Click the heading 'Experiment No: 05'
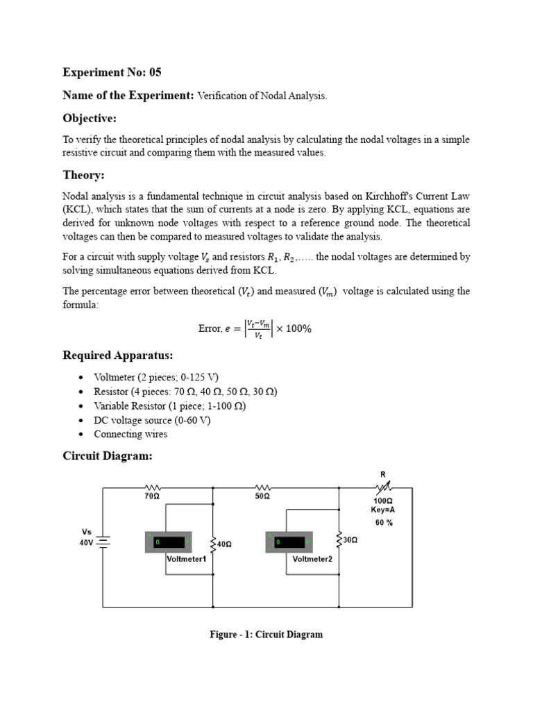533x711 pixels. [x=112, y=72]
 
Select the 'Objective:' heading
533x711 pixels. [x=90, y=118]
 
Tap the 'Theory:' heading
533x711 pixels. [x=83, y=175]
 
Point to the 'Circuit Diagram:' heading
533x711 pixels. [x=107, y=455]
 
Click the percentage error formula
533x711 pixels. [x=254, y=328]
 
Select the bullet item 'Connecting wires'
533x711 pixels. [x=130, y=434]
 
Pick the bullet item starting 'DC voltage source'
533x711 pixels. [x=152, y=420]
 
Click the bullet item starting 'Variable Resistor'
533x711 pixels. [x=170, y=405]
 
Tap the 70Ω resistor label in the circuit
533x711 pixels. [x=152, y=497]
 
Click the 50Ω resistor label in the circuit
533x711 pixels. [x=262, y=497]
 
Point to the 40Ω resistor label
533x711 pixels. [x=223, y=544]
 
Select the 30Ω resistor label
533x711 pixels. [x=350, y=539]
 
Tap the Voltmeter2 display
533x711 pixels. [x=289, y=542]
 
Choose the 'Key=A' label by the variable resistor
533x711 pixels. [x=382, y=509]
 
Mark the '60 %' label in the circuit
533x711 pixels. [x=384, y=522]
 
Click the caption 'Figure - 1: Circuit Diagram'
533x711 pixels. [x=266, y=635]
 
